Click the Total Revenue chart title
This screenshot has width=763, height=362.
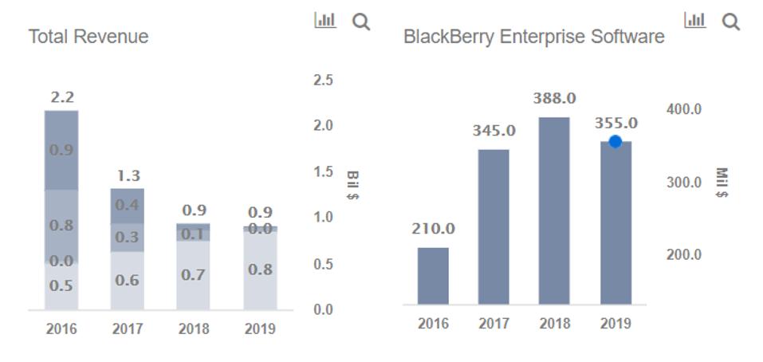point(88,37)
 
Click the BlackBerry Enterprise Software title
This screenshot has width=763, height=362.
point(533,37)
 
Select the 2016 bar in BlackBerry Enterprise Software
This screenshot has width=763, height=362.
point(433,275)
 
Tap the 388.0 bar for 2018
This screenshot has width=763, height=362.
point(554,211)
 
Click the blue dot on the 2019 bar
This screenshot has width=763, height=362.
point(615,142)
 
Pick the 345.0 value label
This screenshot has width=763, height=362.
point(494,130)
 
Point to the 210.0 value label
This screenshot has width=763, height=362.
point(433,229)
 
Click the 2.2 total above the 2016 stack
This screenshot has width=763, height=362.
point(61,97)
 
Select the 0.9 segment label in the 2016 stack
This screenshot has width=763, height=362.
point(61,150)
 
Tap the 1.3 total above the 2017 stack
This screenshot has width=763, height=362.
point(128,175)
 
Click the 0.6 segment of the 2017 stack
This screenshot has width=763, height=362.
point(128,280)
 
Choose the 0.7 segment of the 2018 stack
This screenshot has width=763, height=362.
point(193,275)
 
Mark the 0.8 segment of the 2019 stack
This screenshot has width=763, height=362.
point(260,270)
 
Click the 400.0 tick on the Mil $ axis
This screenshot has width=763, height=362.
point(683,108)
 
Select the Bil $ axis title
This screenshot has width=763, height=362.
point(353,185)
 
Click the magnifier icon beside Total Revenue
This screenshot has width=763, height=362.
point(361,22)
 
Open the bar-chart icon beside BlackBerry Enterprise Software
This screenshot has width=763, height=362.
point(695,21)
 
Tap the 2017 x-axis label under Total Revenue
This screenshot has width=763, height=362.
point(128,329)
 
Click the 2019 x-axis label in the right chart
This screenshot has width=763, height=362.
point(615,324)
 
